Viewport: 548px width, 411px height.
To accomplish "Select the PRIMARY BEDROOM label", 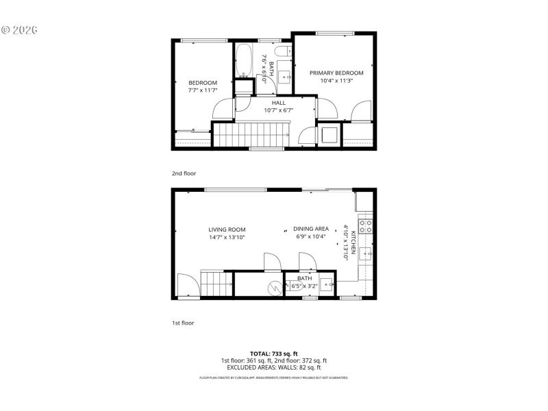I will point(336,73).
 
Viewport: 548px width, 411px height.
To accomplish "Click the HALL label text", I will point(278,103).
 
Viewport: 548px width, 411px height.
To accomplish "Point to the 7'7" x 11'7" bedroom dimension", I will point(202,90).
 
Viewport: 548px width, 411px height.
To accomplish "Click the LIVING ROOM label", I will point(227,229).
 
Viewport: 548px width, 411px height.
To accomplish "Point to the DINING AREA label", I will point(311,229).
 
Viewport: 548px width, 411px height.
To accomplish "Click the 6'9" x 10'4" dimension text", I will point(311,236).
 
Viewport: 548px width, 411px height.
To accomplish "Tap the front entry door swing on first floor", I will point(186,284).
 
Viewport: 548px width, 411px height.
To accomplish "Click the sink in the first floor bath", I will point(328,284).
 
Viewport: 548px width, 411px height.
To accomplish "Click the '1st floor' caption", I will point(182,322).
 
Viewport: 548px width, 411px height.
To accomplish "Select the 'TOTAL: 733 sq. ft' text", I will point(273,353).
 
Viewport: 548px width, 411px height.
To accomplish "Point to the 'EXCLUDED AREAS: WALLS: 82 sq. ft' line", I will point(273,368).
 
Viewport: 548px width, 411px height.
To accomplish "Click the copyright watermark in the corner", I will point(19,30).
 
